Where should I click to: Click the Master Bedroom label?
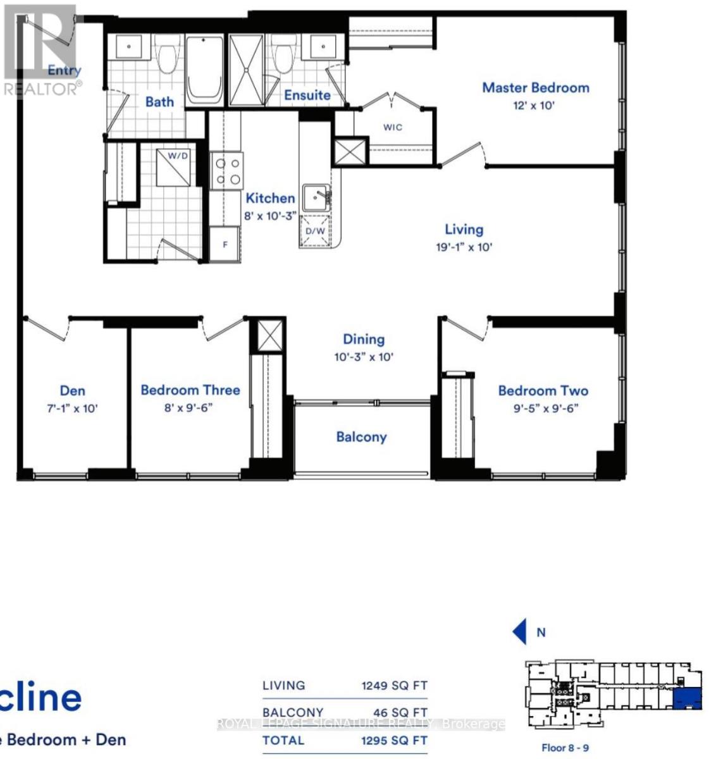[535, 88]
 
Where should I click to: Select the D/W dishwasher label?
[315, 231]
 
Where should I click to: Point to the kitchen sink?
[316, 198]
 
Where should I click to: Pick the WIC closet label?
[392, 127]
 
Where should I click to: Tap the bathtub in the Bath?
[204, 71]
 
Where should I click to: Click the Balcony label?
[361, 437]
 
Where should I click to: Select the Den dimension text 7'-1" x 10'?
[73, 409]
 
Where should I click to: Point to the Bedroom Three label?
[190, 390]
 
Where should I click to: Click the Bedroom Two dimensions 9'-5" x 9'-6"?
[543, 409]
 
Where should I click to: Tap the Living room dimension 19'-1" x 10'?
[464, 247]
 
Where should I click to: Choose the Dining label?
[364, 340]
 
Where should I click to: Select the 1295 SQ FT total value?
[394, 741]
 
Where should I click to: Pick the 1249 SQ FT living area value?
[394, 686]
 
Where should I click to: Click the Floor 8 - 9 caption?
[565, 748]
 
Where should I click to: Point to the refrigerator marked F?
[225, 244]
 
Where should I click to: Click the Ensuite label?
[307, 95]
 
